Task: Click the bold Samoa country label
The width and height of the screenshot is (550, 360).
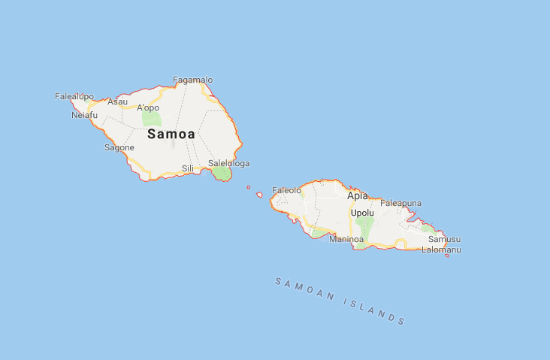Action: [171, 134]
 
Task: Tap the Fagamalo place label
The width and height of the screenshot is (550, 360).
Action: [193, 80]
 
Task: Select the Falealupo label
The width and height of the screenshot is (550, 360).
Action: [74, 96]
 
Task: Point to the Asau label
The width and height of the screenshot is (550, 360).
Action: [117, 101]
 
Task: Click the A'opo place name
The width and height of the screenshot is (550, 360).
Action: [148, 107]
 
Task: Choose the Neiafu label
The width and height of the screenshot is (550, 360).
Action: [84, 115]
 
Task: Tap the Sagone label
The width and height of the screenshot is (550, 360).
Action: [119, 147]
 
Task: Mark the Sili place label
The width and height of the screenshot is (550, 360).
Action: [188, 168]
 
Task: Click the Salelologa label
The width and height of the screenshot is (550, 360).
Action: [228, 163]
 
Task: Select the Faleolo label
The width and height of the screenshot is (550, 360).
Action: [286, 190]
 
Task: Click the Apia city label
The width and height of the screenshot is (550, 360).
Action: [358, 195]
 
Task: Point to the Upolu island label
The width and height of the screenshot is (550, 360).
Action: [362, 213]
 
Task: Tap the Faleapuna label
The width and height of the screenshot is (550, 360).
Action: [401, 203]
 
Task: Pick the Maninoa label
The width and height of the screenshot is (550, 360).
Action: [346, 239]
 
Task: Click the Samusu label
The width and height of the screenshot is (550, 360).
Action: [444, 239]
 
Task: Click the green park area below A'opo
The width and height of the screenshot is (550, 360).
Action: [151, 119]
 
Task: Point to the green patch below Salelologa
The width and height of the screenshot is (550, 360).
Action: [221, 174]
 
